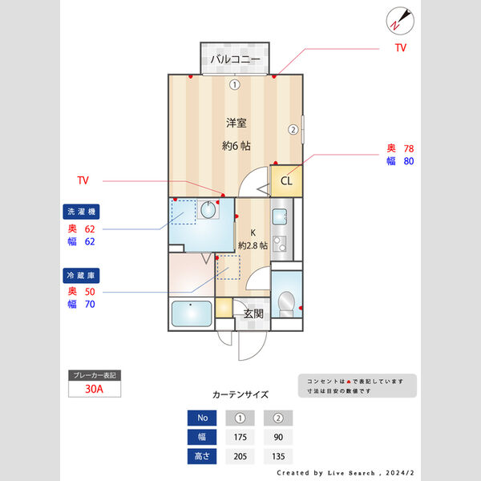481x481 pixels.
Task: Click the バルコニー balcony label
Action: pyautogui.click(x=236, y=60)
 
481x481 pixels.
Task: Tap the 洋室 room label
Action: pyautogui.click(x=236, y=123)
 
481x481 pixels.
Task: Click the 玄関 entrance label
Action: pyautogui.click(x=253, y=314)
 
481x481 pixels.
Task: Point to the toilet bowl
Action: pyautogui.click(x=285, y=303)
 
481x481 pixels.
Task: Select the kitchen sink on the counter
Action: pyautogui.click(x=280, y=216)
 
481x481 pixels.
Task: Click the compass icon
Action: pyautogui.click(x=398, y=19)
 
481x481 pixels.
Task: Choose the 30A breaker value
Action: pyautogui.click(x=95, y=390)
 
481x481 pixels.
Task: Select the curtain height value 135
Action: pyautogui.click(x=278, y=457)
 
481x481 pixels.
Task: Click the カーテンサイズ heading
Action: pyautogui.click(x=240, y=394)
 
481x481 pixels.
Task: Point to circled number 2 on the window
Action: pyautogui.click(x=293, y=129)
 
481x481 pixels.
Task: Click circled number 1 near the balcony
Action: pyautogui.click(x=234, y=84)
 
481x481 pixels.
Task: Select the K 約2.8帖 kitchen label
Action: pyautogui.click(x=253, y=240)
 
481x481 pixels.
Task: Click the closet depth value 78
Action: pyautogui.click(x=408, y=148)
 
